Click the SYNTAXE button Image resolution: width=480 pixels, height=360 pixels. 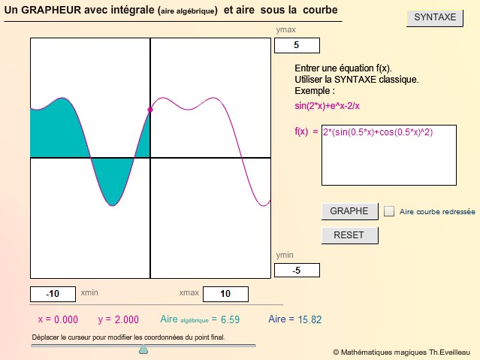(435, 18)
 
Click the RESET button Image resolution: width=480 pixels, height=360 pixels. (349, 235)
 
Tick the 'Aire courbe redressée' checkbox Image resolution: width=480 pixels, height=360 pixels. (389, 211)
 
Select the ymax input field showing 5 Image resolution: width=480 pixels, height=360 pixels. (297, 45)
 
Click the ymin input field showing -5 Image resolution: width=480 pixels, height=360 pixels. (297, 271)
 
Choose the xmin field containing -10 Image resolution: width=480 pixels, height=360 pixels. (53, 294)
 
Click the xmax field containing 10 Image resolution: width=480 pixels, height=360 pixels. (225, 294)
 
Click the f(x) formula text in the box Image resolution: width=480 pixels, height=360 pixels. (378, 132)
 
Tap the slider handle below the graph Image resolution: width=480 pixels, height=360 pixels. (143, 349)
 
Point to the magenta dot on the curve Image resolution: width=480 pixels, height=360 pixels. (150, 110)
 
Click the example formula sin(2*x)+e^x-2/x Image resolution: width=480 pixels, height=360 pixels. (327, 106)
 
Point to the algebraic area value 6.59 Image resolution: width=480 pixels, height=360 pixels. (230, 320)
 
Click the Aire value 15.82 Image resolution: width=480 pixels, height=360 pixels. (309, 320)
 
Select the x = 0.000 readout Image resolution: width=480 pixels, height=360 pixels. (58, 320)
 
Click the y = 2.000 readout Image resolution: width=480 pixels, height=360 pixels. (119, 320)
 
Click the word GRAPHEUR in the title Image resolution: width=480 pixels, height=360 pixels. (51, 10)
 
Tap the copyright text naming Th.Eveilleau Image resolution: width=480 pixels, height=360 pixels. (401, 352)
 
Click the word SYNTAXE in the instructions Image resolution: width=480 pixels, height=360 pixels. (355, 80)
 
